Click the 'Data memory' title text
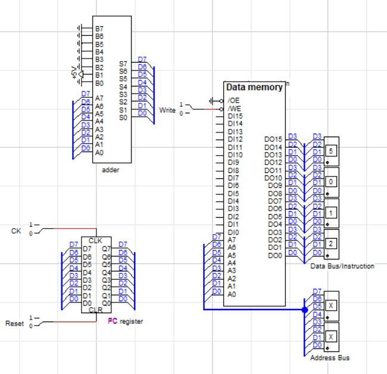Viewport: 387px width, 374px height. coord(254,88)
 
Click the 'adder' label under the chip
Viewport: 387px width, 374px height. coord(111,170)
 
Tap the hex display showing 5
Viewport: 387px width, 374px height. coord(330,152)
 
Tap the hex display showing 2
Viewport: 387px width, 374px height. coord(330,243)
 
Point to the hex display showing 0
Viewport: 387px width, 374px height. coord(330,181)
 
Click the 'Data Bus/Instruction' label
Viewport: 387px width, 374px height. coord(342,266)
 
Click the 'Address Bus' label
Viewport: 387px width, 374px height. coord(330,358)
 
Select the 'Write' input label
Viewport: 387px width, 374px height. coord(167,110)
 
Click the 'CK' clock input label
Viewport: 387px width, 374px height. coord(16,230)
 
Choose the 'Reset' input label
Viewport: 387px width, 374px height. coord(15,323)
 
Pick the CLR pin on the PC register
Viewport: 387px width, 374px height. coord(95,310)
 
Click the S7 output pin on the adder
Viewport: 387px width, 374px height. coord(123,63)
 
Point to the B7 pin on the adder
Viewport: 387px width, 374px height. coord(99,29)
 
